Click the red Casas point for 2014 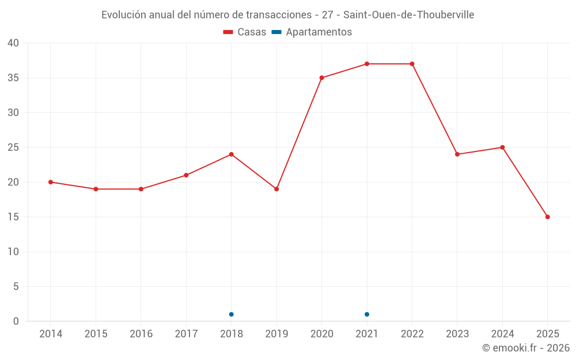[x=51, y=182]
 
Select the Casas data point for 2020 [x=321, y=78]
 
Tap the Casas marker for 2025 [x=547, y=217]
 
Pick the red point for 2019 [x=276, y=189]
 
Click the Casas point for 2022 [x=412, y=64]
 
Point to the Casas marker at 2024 [x=502, y=147]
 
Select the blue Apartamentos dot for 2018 [x=231, y=314]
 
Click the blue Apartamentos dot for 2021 [x=367, y=314]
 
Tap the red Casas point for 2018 [x=231, y=154]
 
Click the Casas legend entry [x=245, y=32]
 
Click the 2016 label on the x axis [x=141, y=334]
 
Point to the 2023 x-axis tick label [x=457, y=334]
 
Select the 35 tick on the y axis [x=13, y=78]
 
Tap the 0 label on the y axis [x=16, y=321]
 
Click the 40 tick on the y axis [x=13, y=43]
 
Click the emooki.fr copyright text [x=525, y=348]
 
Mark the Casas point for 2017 [x=186, y=175]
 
